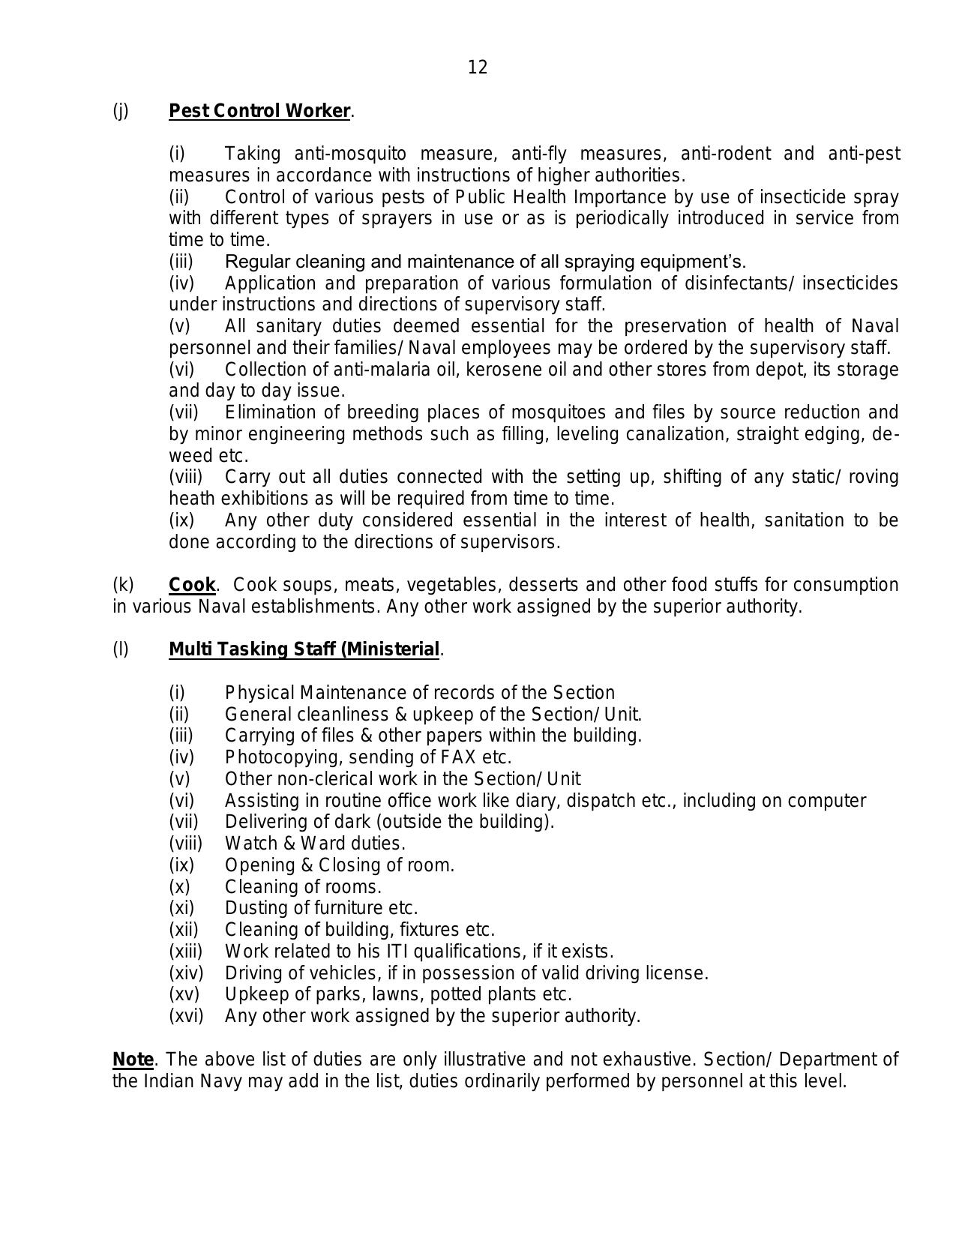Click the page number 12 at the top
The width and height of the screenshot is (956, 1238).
[x=478, y=68]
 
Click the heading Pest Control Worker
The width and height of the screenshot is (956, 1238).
[x=259, y=111]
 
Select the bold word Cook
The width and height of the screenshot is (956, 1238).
[x=192, y=585]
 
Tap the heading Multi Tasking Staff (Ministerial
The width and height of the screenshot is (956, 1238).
[x=304, y=649]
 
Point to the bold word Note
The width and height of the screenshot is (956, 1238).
[x=133, y=1060]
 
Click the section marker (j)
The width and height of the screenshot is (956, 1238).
[x=121, y=111]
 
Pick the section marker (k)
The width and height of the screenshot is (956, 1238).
[x=123, y=585]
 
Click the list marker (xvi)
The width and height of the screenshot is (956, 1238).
[x=186, y=1016]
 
